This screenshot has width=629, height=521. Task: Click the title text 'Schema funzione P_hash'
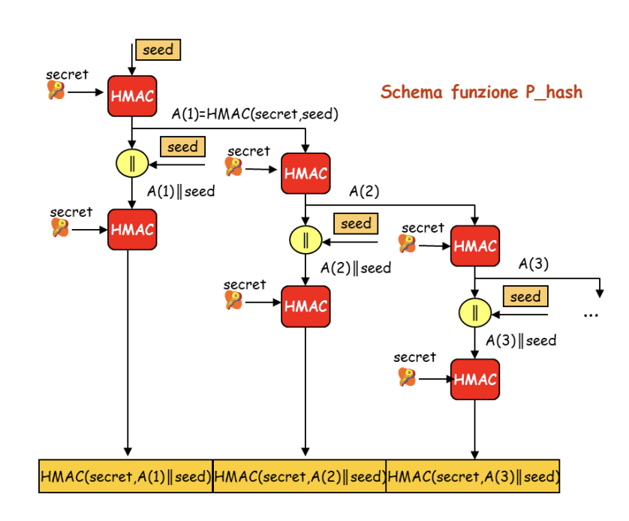[x=481, y=92]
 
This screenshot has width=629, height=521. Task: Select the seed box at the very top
[x=158, y=50]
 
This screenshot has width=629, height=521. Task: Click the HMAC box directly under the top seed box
[x=132, y=96]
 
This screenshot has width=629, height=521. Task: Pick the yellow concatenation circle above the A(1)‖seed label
[x=132, y=162]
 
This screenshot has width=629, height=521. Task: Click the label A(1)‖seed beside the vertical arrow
[x=181, y=191]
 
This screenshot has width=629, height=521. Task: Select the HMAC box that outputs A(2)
[x=305, y=173]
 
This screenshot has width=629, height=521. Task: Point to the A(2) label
[x=364, y=191]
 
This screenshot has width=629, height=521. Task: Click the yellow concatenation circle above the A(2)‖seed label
[x=305, y=240]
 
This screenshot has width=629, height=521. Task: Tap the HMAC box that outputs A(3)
[x=475, y=245]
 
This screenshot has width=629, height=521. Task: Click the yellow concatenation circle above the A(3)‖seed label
[x=475, y=312]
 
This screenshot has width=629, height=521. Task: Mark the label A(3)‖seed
[x=521, y=341]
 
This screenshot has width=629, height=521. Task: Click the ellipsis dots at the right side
[x=591, y=315]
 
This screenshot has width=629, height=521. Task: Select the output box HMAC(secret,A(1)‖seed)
[x=126, y=476]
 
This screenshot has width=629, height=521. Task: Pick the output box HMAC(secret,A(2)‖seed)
[x=299, y=476]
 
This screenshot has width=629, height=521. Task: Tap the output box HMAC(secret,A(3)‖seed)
[x=473, y=476]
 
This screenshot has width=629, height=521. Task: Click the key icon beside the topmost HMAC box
[x=56, y=91]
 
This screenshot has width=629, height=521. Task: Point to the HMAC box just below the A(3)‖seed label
[x=475, y=379]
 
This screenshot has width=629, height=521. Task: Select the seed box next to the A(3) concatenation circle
[x=525, y=297]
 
